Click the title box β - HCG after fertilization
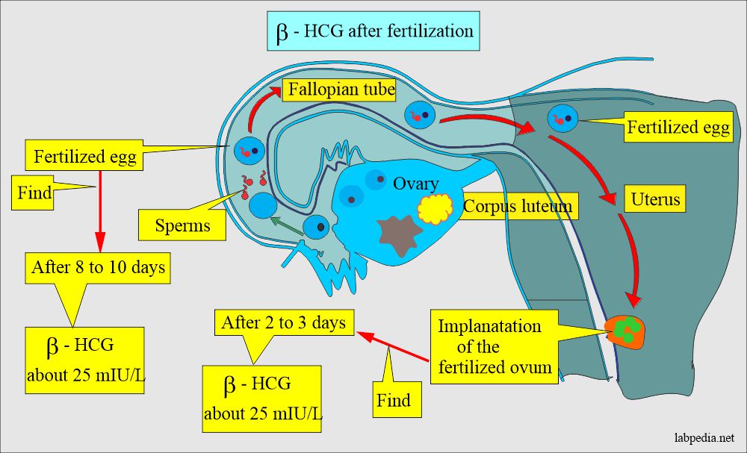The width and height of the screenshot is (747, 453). (373, 31)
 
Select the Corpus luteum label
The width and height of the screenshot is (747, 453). (518, 207)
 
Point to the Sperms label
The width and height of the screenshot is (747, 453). (183, 224)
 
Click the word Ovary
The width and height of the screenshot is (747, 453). (416, 183)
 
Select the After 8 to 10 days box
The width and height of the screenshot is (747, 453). (98, 268)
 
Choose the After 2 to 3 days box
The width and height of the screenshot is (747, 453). (283, 322)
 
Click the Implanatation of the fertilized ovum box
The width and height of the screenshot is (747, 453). (495, 346)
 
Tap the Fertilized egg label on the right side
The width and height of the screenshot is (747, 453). (678, 127)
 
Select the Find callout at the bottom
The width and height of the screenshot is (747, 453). (393, 399)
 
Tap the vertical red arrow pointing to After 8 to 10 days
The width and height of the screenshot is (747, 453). (98, 216)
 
